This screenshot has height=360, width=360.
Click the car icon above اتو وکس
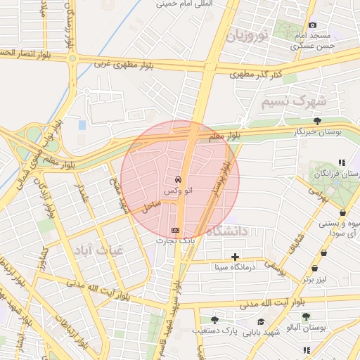(x=180, y=179)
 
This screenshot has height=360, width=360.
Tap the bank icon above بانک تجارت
(x=175, y=230)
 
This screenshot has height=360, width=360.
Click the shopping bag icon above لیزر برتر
(x=314, y=268)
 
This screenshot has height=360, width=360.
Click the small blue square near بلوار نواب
(x=82, y=125)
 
